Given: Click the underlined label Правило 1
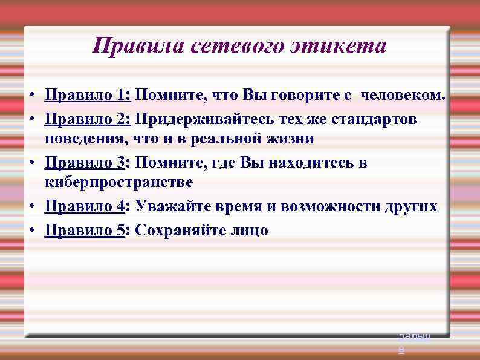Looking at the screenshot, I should (88, 95).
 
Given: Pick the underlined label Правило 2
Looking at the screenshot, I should (88, 119).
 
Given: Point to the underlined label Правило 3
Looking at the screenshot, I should (85, 163).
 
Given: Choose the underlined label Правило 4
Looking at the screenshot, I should (85, 206).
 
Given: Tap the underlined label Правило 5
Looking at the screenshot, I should (85, 231).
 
